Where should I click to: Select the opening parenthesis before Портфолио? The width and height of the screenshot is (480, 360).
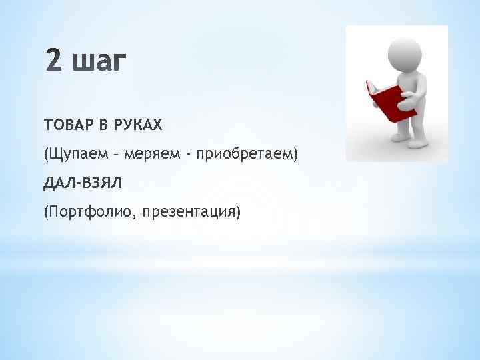click(x=46, y=213)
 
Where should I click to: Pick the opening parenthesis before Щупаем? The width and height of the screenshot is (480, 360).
click(x=46, y=155)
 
